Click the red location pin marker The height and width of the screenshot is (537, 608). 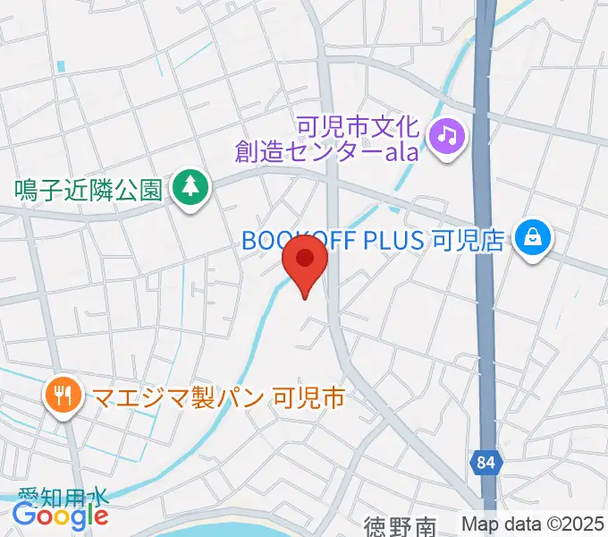[x=305, y=262]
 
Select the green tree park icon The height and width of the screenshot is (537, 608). [x=190, y=187]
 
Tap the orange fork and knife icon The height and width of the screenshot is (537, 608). [x=63, y=395]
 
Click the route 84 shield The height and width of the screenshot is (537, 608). [x=485, y=463]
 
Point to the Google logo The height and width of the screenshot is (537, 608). [x=60, y=516]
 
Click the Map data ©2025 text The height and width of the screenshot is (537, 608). [x=532, y=524]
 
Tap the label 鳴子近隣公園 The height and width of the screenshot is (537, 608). [x=88, y=189]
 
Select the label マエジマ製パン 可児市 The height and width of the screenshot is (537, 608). [x=214, y=396]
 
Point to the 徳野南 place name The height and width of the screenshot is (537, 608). [x=401, y=526]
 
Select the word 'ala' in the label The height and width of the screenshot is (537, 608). [x=401, y=151]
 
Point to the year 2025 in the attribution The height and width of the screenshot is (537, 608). [x=583, y=524]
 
